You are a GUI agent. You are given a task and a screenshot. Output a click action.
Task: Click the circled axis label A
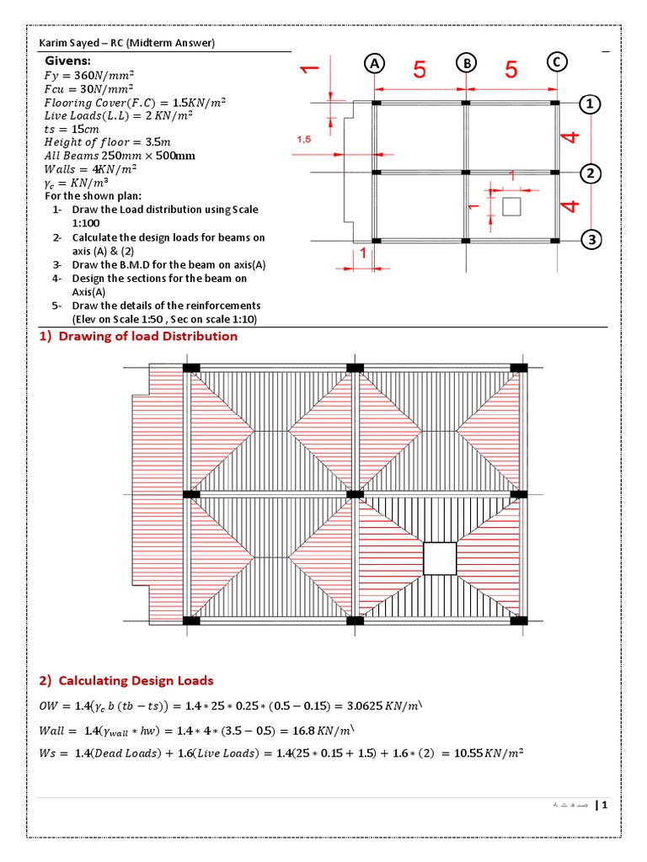(375, 63)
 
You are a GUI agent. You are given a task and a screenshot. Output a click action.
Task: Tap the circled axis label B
(466, 63)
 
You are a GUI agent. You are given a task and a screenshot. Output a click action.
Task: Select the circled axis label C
(556, 61)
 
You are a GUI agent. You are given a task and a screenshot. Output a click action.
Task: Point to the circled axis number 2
(591, 173)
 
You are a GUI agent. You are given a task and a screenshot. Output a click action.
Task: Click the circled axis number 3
(591, 241)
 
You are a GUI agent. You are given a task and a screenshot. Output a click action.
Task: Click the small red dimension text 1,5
(303, 141)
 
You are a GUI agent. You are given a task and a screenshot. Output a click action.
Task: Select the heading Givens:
(69, 61)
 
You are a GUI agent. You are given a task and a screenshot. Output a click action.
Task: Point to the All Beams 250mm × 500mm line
(120, 156)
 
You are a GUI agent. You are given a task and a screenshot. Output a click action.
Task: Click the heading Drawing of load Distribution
(136, 336)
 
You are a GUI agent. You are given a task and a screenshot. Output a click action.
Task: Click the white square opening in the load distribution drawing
(440, 558)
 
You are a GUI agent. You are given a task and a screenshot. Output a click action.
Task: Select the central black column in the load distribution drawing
(356, 495)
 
